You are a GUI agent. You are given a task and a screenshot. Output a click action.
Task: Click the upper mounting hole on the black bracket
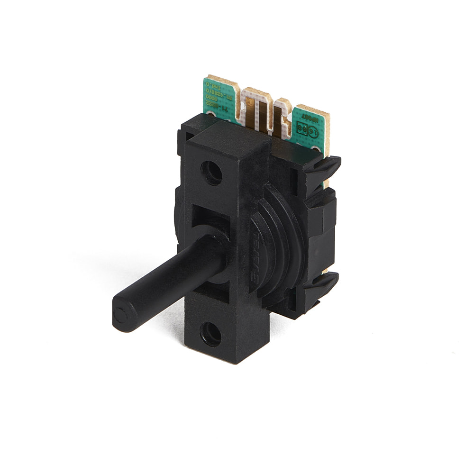tap(211, 173)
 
